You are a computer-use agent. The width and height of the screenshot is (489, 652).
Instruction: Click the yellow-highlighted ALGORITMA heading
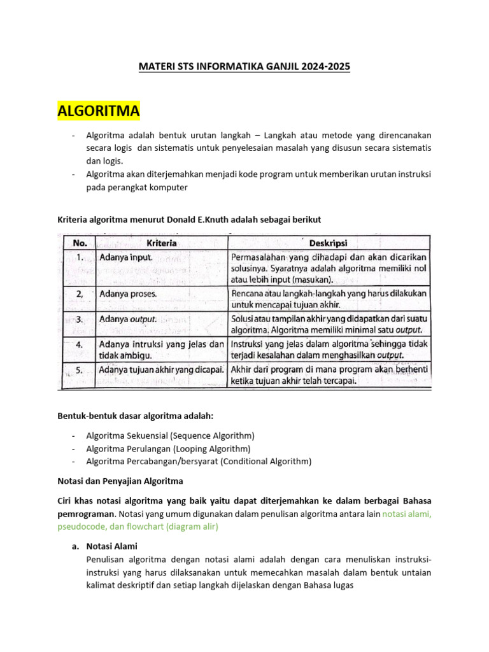click(x=99, y=111)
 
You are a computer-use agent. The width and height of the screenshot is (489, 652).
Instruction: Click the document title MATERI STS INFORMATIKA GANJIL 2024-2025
click(x=244, y=66)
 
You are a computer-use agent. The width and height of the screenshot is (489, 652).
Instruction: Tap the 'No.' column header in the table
click(x=80, y=243)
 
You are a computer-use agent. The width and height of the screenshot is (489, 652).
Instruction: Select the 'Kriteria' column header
click(x=162, y=243)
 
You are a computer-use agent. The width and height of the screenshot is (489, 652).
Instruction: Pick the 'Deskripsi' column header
click(x=329, y=243)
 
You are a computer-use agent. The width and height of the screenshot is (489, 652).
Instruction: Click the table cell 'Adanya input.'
click(x=126, y=258)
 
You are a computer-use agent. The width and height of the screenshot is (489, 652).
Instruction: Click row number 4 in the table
click(x=79, y=344)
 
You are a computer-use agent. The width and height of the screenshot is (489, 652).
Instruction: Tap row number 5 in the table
click(x=79, y=369)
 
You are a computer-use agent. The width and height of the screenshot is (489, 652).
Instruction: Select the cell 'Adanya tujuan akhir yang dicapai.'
click(x=162, y=369)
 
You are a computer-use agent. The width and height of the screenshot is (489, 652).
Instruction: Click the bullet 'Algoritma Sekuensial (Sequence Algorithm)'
click(x=170, y=436)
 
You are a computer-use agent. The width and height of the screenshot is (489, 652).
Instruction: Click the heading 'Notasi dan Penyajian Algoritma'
click(x=120, y=481)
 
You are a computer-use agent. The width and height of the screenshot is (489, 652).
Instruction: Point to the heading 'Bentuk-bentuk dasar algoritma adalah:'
click(x=136, y=416)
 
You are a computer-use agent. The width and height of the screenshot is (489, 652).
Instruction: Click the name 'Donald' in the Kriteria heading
click(x=181, y=219)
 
